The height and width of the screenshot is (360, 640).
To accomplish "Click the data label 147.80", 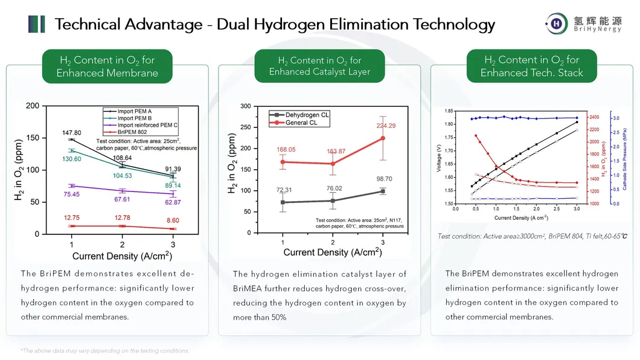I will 71,132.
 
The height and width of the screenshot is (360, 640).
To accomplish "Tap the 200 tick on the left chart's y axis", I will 33,106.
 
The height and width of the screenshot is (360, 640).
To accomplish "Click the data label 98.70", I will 380,179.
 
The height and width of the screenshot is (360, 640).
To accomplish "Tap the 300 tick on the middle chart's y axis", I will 245,106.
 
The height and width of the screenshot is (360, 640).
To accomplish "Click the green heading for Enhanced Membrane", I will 107,66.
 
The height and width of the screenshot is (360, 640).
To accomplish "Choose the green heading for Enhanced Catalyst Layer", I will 319,66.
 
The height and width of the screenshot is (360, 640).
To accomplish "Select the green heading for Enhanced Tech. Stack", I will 531,66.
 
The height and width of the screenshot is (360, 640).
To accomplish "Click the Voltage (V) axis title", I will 439,157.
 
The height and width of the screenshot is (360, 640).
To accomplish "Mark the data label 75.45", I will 71,194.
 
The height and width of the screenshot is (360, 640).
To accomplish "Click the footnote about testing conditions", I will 104,350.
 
